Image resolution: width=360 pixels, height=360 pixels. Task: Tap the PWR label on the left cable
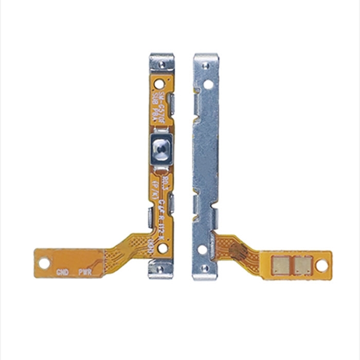[x=85, y=272]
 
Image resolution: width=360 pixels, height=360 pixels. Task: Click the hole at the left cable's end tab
[x=44, y=263]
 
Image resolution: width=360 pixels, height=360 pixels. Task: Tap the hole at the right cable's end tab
[x=321, y=265]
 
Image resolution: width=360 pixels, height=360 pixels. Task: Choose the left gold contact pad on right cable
[x=281, y=265]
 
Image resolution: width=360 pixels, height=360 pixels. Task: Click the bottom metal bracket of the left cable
[x=161, y=269]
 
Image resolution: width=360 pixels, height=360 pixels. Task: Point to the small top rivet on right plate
[x=205, y=65]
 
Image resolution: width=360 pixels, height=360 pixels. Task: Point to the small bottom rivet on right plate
[x=205, y=268]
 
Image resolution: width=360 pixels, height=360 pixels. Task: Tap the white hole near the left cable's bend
[x=163, y=249]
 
